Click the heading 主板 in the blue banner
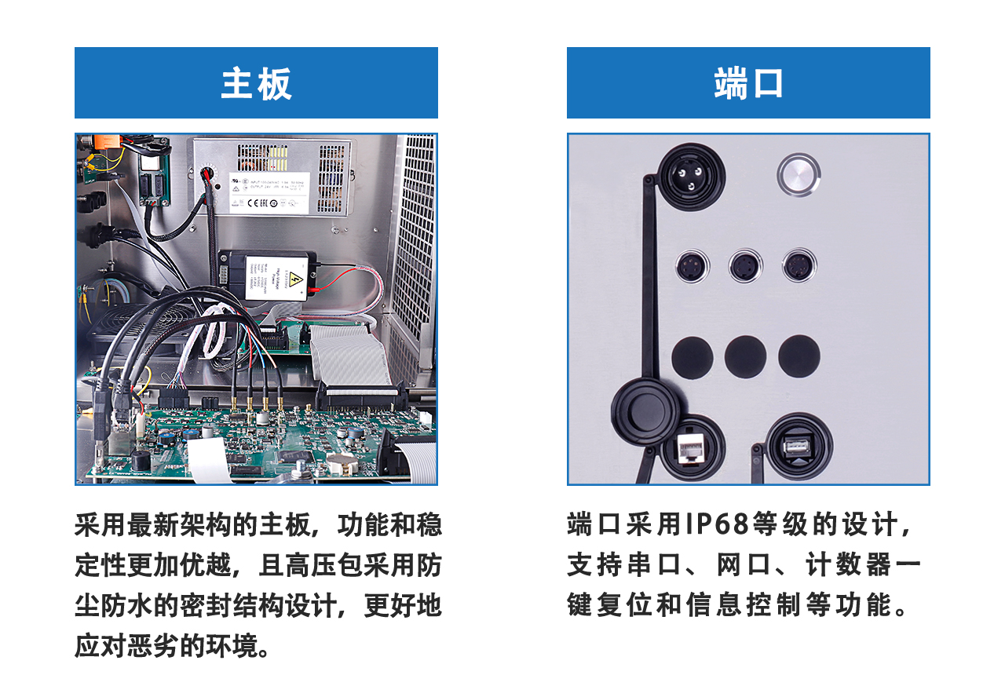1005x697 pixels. click(256, 84)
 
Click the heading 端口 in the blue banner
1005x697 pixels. click(748, 84)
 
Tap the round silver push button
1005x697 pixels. click(799, 175)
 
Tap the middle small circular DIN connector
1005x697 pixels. click(745, 267)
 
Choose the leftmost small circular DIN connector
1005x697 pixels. click(693, 267)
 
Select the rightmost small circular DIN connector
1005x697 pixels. click(799, 267)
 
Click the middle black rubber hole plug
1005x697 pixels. click(745, 356)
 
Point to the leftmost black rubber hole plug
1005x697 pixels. click(693, 356)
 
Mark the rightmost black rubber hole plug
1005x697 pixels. click(799, 356)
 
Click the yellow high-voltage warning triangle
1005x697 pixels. click(297, 280)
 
